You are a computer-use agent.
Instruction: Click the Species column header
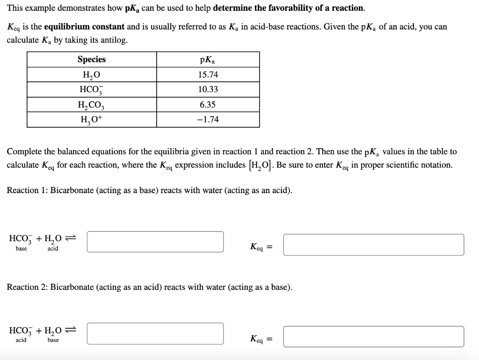point(91,59)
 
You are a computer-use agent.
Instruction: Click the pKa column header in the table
point(207,60)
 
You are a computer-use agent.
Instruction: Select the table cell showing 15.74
point(207,75)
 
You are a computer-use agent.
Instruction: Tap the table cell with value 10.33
point(207,89)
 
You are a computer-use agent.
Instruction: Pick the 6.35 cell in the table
point(207,105)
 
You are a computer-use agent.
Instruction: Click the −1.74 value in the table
point(207,120)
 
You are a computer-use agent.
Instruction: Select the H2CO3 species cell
point(91,105)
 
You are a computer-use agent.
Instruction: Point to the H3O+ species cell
point(91,120)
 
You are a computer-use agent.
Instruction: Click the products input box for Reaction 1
point(155,241)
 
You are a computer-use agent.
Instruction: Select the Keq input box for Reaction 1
point(373,245)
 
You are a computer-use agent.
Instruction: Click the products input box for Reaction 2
point(155,333)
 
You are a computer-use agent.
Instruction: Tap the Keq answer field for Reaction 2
point(373,337)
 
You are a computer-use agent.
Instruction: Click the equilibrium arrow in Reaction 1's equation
point(71,238)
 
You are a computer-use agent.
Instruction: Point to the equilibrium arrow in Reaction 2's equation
point(71,330)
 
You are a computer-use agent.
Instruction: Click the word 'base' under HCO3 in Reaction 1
point(22,249)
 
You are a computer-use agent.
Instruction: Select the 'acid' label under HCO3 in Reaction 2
point(21,340)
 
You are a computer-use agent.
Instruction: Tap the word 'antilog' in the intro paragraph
point(112,40)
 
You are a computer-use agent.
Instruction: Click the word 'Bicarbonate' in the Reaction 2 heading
point(72,287)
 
